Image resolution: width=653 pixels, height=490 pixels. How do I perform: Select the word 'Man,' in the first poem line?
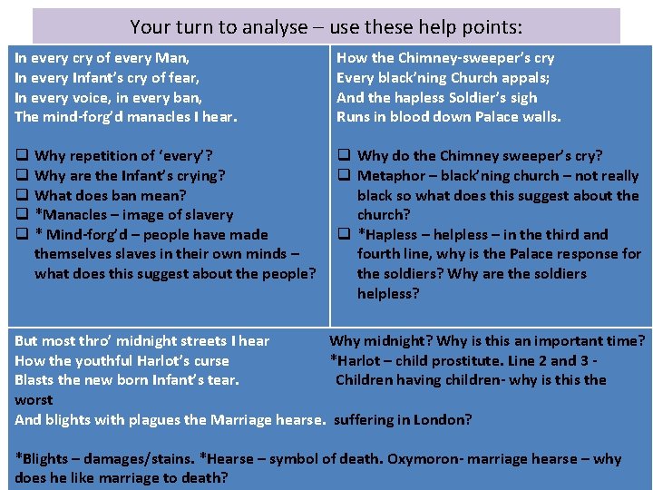[169, 57]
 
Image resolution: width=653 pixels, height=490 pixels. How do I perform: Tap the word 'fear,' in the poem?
[180, 77]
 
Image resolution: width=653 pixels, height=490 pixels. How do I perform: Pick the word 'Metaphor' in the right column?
[391, 176]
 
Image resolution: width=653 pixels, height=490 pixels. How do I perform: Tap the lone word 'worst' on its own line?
[34, 400]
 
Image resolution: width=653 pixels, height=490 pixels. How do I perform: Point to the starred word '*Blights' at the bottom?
[45, 458]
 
